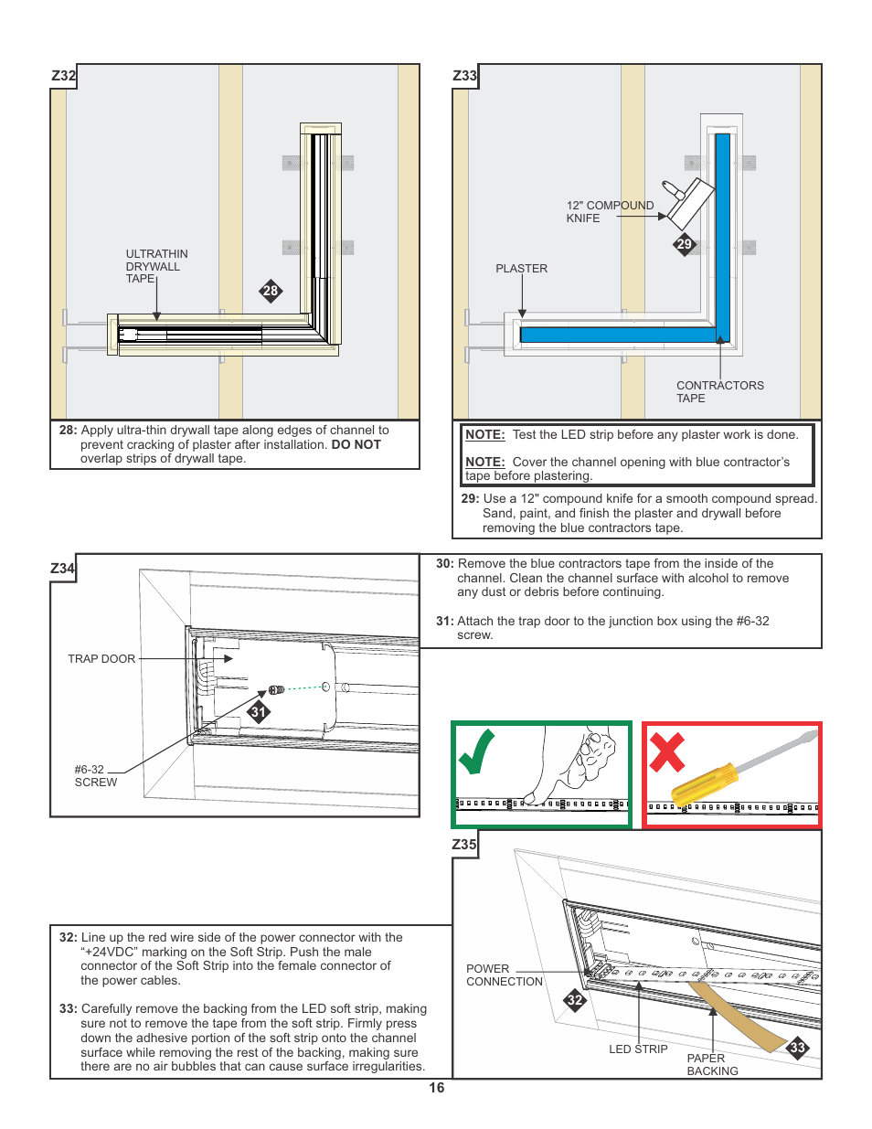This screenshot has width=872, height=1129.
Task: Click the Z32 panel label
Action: click(x=63, y=76)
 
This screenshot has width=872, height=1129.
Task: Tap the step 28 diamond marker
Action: click(x=271, y=292)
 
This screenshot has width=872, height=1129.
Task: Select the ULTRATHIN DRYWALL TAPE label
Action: click(x=156, y=266)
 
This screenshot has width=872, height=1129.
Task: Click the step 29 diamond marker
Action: click(x=685, y=244)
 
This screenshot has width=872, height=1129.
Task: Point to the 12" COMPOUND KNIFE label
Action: click(x=610, y=211)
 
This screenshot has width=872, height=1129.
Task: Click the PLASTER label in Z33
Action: click(x=521, y=269)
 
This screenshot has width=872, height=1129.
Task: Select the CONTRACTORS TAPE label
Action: click(x=719, y=391)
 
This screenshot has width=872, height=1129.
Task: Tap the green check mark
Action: click(x=477, y=751)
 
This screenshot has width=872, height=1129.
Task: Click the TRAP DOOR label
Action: click(x=101, y=659)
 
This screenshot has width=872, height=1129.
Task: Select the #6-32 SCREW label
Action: click(x=95, y=776)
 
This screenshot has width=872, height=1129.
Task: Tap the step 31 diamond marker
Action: click(x=259, y=712)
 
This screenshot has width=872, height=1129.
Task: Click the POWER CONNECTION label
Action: click(x=504, y=975)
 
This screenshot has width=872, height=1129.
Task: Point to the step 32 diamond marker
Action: click(x=574, y=1000)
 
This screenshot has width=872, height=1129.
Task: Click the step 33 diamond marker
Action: click(x=798, y=1048)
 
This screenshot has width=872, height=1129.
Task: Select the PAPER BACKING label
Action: click(x=712, y=1065)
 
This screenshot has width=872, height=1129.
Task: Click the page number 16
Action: click(x=437, y=1088)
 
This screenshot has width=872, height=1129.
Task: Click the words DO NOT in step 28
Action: click(x=356, y=444)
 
